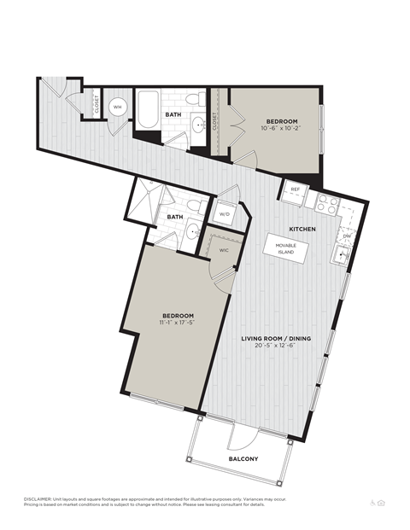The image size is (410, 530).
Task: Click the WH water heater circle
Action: [119, 107]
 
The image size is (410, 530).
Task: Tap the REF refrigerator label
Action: [295, 189]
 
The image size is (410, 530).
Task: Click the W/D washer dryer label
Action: [225, 213]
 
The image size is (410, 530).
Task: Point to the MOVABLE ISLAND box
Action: [285, 248]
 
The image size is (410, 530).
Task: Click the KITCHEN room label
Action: [303, 230]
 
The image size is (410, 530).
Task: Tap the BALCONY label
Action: [243, 458]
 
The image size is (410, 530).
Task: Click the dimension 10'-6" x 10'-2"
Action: [279, 129]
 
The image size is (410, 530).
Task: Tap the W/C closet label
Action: [223, 250]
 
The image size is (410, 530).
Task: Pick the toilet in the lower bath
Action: [194, 206]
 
